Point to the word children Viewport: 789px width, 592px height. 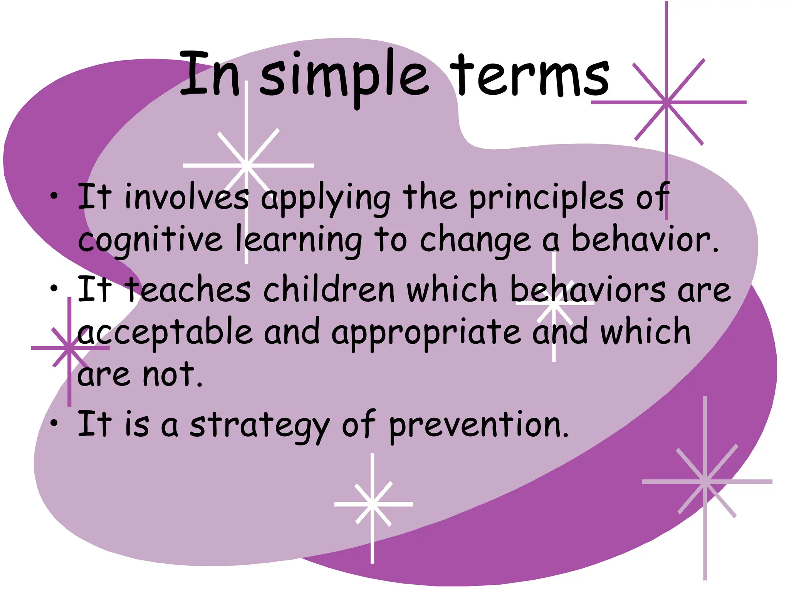pos(329,290)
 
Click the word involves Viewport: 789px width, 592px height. pos(186,197)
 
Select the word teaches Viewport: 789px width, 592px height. pos(189,290)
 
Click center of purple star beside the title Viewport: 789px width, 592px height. pos(666,103)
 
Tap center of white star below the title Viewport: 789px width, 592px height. pos(247,165)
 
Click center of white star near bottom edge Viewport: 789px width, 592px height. pos(373,504)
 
